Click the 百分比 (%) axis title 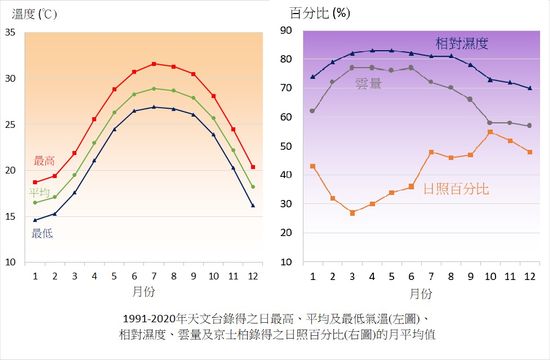[319, 13]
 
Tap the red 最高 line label [44, 160]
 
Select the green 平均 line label [39, 192]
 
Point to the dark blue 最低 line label [42, 233]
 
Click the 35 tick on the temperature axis [10, 32]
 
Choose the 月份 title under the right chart [420, 294]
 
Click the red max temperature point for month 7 [153, 63]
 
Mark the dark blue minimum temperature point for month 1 [35, 220]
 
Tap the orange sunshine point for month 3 [352, 213]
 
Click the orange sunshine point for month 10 [490, 132]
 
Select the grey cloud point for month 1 [313, 111]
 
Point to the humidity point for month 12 [529, 88]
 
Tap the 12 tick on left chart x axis [252, 276]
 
